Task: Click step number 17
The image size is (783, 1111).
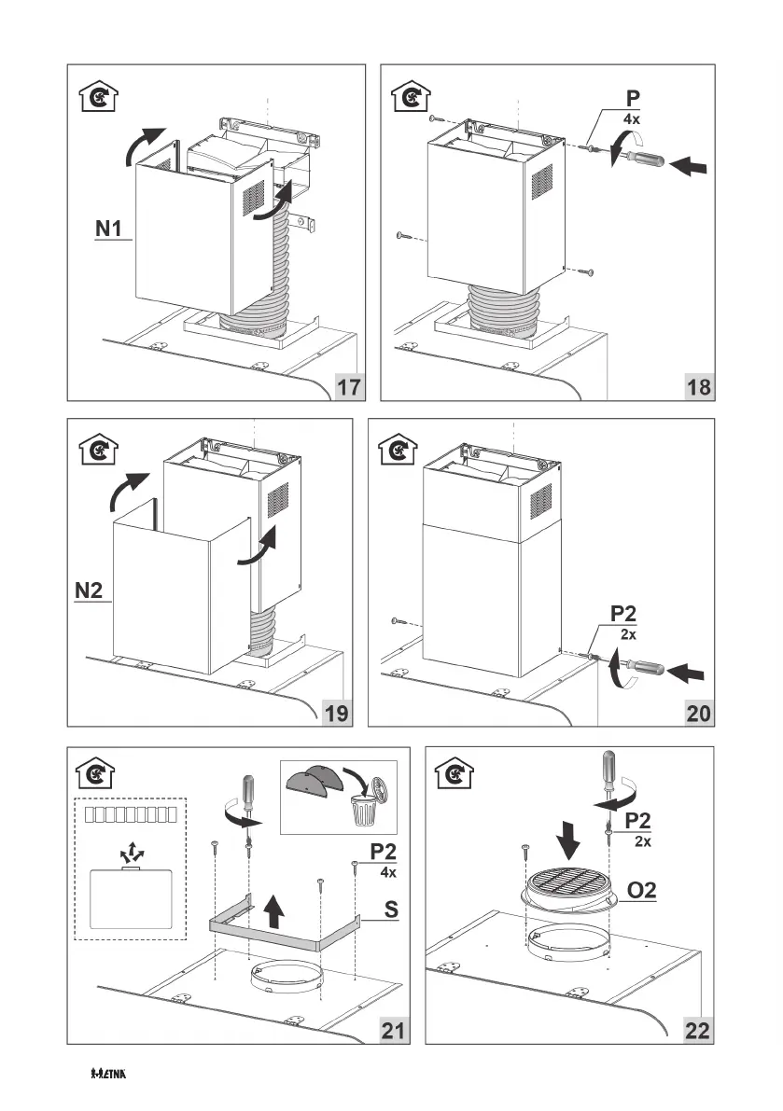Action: pos(349,387)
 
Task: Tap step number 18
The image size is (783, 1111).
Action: pos(697,387)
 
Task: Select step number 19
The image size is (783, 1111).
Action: pos(337,714)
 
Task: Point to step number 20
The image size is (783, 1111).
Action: pos(697,714)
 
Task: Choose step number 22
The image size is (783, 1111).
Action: pos(697,1031)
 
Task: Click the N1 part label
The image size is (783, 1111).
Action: pos(110,228)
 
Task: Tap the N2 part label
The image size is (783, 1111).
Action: pos(93,590)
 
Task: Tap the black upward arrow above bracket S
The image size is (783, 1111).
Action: pos(273,908)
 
